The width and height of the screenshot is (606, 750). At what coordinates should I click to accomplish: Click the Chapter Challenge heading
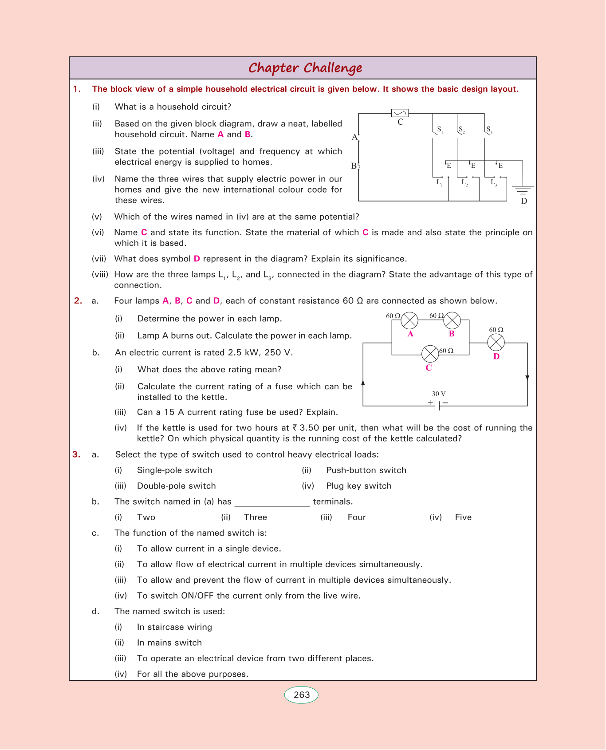pyautogui.click(x=305, y=68)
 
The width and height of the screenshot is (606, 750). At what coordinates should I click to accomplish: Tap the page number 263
pyautogui.click(x=302, y=695)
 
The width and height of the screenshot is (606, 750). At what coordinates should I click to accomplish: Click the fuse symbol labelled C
pyautogui.click(x=400, y=113)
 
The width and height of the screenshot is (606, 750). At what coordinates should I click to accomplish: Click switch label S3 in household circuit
pyautogui.click(x=489, y=130)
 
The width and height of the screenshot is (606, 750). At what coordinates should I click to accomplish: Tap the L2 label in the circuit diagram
pyautogui.click(x=464, y=182)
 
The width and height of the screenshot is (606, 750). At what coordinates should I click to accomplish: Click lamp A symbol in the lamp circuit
pyautogui.click(x=409, y=320)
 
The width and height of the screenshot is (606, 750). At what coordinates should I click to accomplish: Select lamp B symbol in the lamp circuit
pyautogui.click(x=452, y=320)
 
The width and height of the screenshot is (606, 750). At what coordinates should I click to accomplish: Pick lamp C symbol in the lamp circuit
pyautogui.click(x=429, y=354)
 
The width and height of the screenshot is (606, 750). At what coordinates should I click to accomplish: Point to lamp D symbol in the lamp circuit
pyautogui.click(x=496, y=342)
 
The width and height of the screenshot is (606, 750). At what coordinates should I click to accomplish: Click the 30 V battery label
pyautogui.click(x=439, y=394)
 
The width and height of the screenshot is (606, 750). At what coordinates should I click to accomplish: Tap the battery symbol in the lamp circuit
pyautogui.click(x=437, y=405)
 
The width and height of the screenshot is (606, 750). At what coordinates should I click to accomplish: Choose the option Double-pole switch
pyautogui.click(x=176, y=486)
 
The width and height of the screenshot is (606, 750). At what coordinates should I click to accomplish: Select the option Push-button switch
pyautogui.click(x=366, y=470)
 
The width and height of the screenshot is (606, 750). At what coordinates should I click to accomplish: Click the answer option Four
pyautogui.click(x=357, y=517)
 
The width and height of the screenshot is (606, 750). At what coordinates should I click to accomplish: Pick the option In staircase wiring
pyautogui.click(x=174, y=627)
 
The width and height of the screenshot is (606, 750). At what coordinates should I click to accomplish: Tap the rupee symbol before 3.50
pyautogui.click(x=295, y=428)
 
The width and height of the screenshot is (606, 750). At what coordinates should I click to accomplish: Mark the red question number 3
pyautogui.click(x=77, y=454)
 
